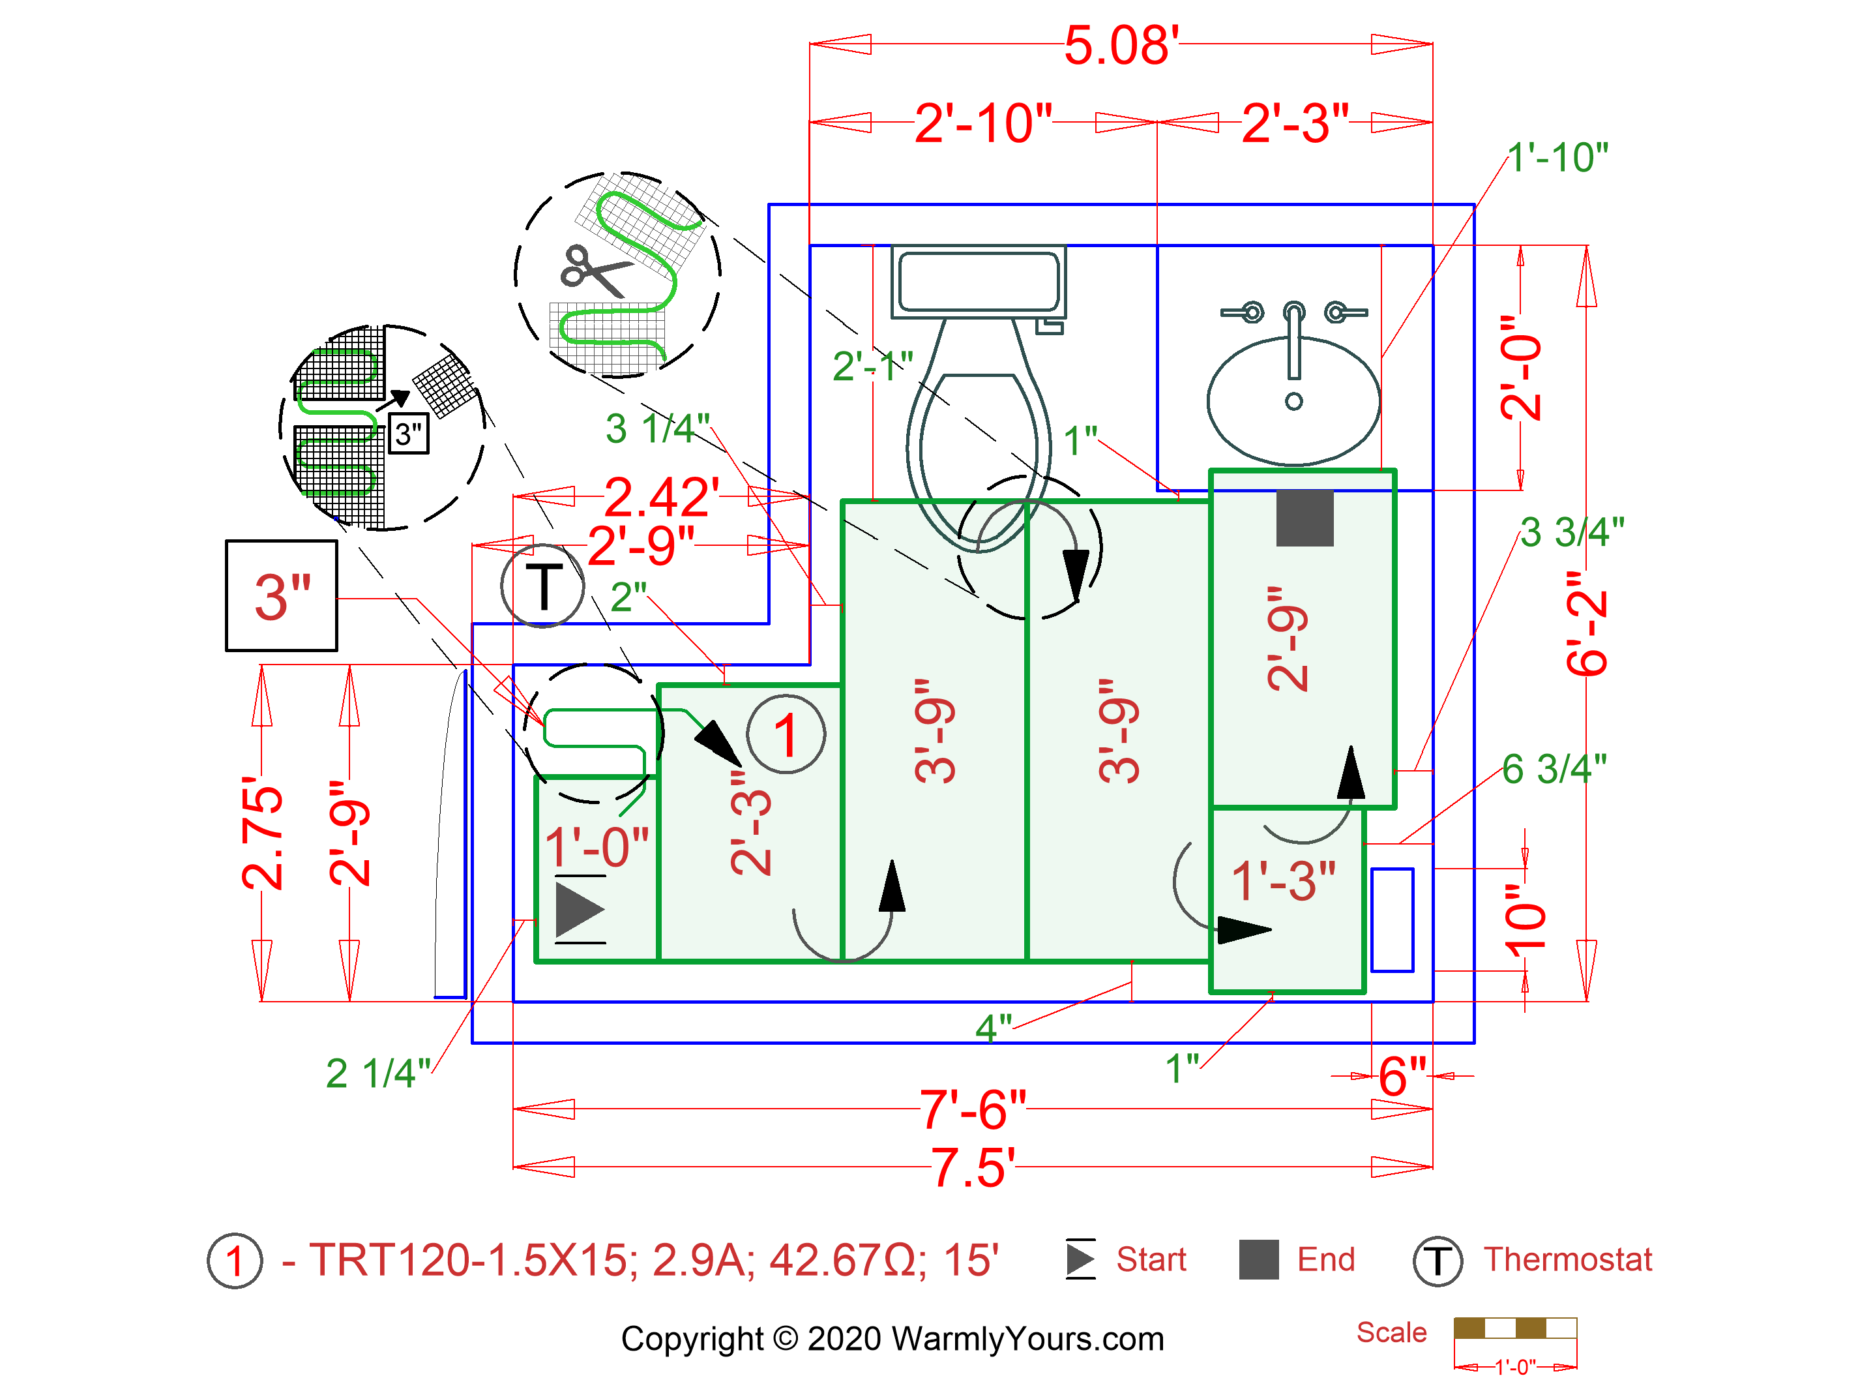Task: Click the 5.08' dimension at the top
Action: click(1121, 46)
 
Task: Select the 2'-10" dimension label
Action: click(982, 123)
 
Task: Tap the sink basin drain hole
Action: click(1293, 402)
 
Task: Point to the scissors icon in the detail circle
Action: click(595, 270)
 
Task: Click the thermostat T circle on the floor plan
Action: click(542, 586)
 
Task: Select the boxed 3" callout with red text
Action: click(282, 595)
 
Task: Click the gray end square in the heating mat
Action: click(1305, 518)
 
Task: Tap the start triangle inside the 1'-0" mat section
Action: click(578, 910)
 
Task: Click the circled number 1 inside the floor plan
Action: click(786, 735)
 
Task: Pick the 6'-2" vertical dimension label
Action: click(1586, 623)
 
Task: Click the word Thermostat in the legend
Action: click(1567, 1259)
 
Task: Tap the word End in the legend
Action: click(1325, 1259)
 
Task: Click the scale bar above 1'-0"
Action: click(1514, 1328)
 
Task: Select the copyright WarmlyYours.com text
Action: click(892, 1338)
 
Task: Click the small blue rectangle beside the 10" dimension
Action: click(1391, 920)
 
